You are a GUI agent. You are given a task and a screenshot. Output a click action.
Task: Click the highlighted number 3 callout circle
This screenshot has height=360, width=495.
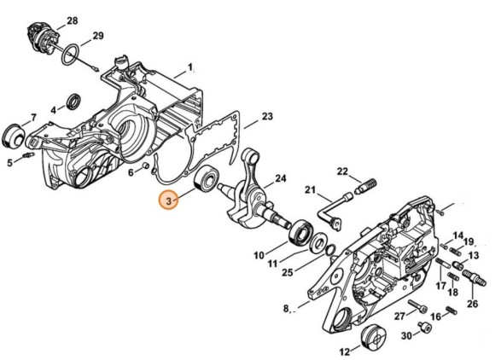click(170, 201)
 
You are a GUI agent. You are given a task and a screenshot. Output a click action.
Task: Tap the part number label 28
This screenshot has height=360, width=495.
click(72, 20)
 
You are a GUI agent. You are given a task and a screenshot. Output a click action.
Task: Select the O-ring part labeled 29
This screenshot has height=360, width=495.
click(75, 49)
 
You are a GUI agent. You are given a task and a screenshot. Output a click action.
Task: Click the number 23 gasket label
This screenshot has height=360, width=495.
click(267, 117)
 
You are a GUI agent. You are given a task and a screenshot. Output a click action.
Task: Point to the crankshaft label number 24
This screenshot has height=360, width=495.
click(280, 180)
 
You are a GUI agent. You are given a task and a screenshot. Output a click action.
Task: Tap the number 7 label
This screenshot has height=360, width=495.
click(32, 117)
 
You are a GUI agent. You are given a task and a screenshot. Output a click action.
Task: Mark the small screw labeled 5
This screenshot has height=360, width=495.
click(28, 159)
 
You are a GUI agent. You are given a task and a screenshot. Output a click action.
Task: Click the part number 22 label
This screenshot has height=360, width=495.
click(341, 171)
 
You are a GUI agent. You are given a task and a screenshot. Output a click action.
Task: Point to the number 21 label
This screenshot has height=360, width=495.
click(311, 189)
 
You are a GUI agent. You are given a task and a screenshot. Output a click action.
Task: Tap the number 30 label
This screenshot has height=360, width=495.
click(406, 336)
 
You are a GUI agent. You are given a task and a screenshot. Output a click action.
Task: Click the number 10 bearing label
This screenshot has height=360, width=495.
click(258, 254)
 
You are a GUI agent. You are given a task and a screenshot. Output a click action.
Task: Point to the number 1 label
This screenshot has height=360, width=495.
click(191, 67)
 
